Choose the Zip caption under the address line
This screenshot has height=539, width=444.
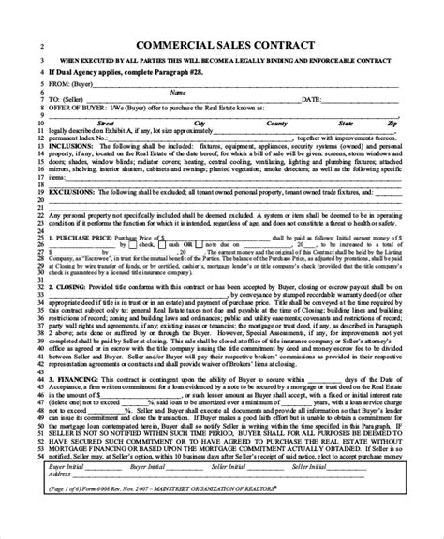392,122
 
